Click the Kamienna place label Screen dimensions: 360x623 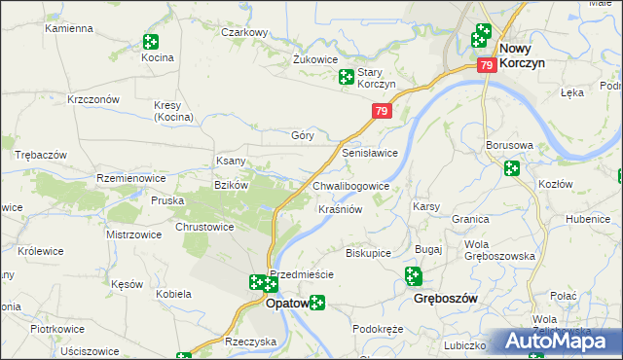(x=67, y=28)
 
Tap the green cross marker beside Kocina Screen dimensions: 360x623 (x=150, y=42)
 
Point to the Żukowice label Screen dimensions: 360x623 (x=314, y=58)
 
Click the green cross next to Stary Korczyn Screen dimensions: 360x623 (x=346, y=77)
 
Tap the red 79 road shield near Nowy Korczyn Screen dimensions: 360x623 (x=488, y=65)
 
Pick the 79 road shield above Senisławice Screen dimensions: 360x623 (x=381, y=113)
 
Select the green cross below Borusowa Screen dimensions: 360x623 (x=512, y=168)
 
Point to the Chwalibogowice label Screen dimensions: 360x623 (x=351, y=186)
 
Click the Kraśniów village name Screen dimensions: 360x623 (x=341, y=209)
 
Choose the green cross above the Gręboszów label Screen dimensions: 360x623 (x=413, y=277)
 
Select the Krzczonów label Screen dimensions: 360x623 (x=92, y=99)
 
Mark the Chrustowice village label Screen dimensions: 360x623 (x=203, y=227)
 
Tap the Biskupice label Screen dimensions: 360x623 (x=368, y=253)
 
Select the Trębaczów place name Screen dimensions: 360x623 (x=40, y=156)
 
